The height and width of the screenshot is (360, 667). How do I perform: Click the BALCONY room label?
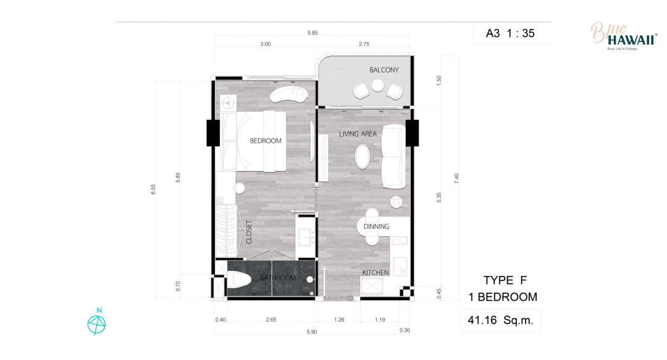[384, 70]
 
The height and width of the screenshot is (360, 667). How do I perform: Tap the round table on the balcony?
[378, 86]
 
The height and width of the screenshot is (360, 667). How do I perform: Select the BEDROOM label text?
[266, 141]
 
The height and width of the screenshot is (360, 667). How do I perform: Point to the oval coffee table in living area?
[363, 157]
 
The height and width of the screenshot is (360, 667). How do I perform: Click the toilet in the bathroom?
[239, 280]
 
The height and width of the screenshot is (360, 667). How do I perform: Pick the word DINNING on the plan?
[376, 227]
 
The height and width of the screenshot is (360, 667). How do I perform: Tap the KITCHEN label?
[375, 272]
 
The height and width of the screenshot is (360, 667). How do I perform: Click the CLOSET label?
[249, 232]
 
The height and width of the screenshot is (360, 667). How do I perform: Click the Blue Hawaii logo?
[624, 36]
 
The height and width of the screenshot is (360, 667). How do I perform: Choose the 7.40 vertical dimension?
[456, 178]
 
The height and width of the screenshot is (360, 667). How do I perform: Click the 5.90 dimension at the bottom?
[312, 332]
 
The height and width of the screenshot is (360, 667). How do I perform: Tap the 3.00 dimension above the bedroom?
[266, 44]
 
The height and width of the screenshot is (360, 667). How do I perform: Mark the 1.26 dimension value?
[339, 320]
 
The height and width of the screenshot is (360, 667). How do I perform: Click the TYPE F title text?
[505, 280]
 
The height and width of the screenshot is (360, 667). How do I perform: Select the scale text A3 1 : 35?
[510, 33]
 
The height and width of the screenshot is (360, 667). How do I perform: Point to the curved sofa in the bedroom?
[288, 94]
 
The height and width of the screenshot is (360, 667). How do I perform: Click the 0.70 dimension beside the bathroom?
[178, 286]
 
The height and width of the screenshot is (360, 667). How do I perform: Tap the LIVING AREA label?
[358, 134]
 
